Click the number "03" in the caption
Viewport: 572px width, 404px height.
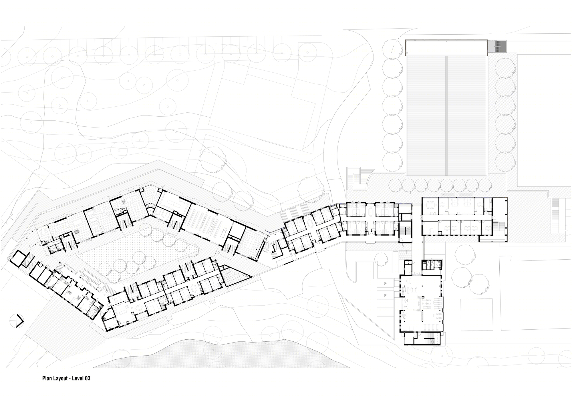(x=87, y=378)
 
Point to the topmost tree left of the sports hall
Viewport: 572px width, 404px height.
(x=392, y=48)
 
